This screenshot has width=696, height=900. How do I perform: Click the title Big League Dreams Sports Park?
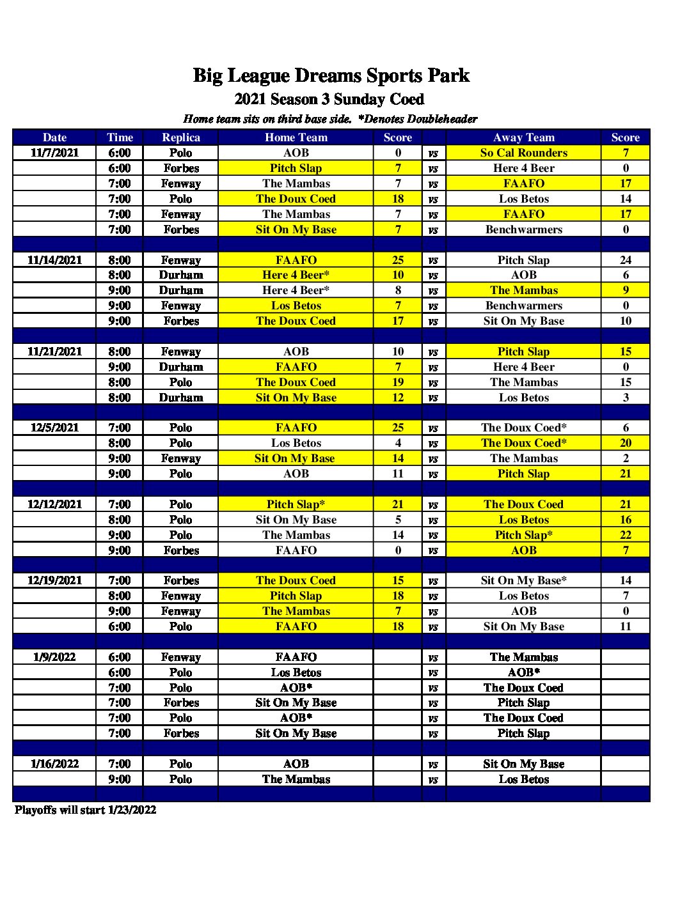(x=331, y=75)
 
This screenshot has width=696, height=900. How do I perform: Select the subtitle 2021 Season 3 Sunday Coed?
(x=329, y=99)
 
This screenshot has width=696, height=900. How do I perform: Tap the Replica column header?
(x=181, y=137)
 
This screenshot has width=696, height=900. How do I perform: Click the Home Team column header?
(x=296, y=137)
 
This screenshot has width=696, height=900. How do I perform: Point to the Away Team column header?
(x=523, y=137)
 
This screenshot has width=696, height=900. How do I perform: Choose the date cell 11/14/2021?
(x=54, y=260)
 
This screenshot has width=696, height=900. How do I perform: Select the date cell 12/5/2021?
(x=54, y=428)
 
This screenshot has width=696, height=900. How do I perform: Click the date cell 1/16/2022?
(x=54, y=764)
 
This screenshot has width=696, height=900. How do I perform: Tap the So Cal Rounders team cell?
(x=523, y=153)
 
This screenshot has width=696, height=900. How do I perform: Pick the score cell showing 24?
(x=625, y=260)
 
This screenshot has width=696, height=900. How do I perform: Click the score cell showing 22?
(x=625, y=535)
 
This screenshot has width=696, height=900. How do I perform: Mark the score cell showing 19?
(x=398, y=382)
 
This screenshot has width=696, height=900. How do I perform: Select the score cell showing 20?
(x=625, y=443)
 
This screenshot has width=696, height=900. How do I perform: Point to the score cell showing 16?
(x=625, y=520)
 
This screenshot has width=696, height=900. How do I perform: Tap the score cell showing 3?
(x=625, y=398)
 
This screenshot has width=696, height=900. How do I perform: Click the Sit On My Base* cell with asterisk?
(x=523, y=580)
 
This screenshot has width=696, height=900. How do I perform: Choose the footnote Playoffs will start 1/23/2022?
(x=85, y=810)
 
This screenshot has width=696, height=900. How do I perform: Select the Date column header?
(x=54, y=137)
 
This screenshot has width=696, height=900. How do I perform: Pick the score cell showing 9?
(x=625, y=290)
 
